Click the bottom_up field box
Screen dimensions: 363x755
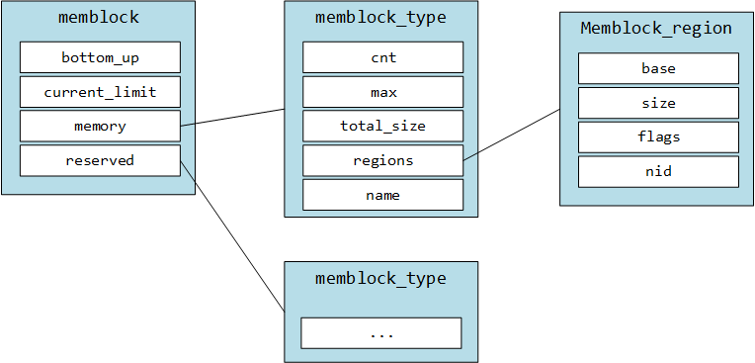pos(100,57)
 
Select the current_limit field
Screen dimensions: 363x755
pos(100,92)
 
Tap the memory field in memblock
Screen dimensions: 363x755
pos(100,127)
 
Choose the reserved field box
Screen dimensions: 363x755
pos(100,160)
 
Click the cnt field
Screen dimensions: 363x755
pos(382,57)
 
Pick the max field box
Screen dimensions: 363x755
pos(382,92)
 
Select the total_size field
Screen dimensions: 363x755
pos(382,127)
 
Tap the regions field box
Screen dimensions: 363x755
pos(382,160)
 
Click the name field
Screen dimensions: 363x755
pos(382,195)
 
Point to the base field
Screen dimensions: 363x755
pos(658,68)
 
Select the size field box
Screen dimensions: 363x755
pos(658,103)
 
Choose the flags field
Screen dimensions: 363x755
pos(658,136)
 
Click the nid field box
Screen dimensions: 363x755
pos(658,171)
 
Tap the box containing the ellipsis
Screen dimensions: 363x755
pos(381,333)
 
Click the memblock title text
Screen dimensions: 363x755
pos(98,18)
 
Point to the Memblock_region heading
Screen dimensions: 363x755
pos(656,29)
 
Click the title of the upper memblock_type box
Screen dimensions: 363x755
pos(380,18)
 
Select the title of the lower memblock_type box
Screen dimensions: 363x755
pos(380,279)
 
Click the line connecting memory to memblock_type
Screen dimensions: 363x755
pos(233,117)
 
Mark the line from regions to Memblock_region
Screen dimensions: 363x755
pos(512,134)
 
